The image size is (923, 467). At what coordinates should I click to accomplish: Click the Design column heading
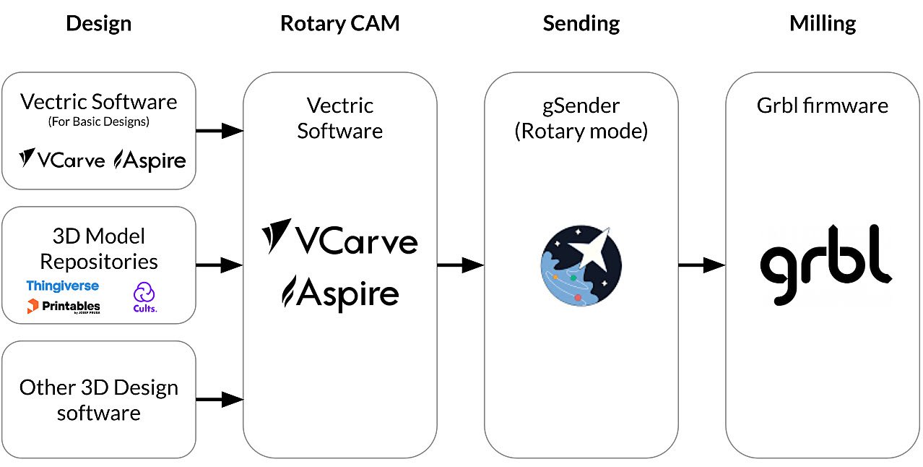click(98, 23)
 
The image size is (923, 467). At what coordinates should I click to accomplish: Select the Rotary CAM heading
click(339, 23)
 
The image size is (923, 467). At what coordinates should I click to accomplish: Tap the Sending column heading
click(581, 23)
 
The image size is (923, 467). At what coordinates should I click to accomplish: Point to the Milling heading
click(822, 23)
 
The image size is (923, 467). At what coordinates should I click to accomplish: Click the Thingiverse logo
click(63, 286)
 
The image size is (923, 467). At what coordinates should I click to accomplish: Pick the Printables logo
click(64, 307)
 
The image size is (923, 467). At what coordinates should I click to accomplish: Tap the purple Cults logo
click(144, 297)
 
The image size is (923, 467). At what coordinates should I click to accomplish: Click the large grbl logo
click(825, 263)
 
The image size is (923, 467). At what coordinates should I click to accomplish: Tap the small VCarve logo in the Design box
click(61, 159)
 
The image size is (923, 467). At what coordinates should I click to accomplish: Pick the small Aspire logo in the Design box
click(149, 160)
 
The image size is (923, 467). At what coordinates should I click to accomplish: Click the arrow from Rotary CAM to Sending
click(460, 265)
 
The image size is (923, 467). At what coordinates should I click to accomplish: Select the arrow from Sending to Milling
click(701, 265)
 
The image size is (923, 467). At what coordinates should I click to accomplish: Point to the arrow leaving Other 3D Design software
click(220, 399)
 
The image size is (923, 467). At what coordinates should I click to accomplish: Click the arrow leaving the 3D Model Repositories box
click(220, 265)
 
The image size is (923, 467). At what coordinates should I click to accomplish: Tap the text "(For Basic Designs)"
click(98, 122)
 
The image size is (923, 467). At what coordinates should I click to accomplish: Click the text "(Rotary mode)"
click(581, 132)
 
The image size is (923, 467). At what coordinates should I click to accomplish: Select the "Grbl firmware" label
click(822, 106)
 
